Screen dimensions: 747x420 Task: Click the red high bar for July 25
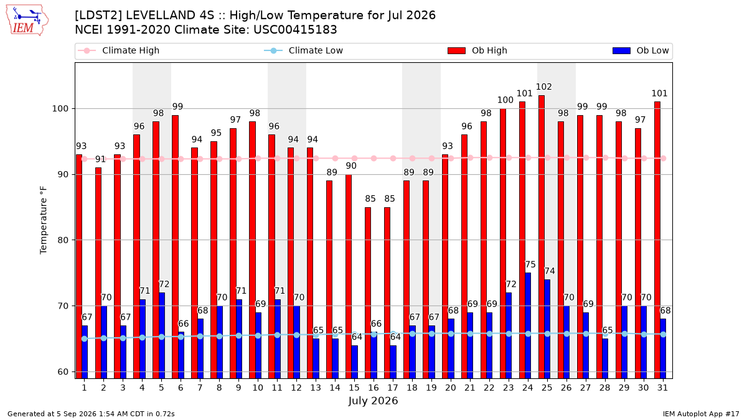click(x=541, y=236)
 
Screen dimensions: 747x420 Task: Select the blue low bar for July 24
click(x=528, y=325)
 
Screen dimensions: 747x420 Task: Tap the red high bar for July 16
click(x=368, y=292)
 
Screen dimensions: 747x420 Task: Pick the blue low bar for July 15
click(x=354, y=362)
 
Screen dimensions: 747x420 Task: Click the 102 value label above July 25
click(x=544, y=86)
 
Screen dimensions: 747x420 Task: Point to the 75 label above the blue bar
click(x=530, y=264)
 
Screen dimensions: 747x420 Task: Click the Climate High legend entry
click(x=119, y=50)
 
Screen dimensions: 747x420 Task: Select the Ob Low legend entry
click(x=641, y=50)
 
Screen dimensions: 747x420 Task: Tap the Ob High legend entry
click(x=477, y=50)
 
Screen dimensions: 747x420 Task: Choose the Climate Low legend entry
click(x=304, y=50)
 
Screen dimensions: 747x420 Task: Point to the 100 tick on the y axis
click(x=60, y=109)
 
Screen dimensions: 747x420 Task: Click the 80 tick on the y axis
click(x=63, y=240)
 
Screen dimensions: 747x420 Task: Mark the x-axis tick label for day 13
click(x=316, y=388)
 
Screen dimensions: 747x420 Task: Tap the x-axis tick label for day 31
click(x=662, y=388)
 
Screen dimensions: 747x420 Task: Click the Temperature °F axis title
click(x=44, y=220)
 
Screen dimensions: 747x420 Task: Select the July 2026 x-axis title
click(x=373, y=401)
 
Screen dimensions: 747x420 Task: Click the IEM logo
click(x=27, y=20)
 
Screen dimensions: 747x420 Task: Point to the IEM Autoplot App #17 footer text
click(x=701, y=414)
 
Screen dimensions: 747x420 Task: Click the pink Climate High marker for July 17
click(x=393, y=158)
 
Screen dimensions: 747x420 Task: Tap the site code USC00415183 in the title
click(x=295, y=30)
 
